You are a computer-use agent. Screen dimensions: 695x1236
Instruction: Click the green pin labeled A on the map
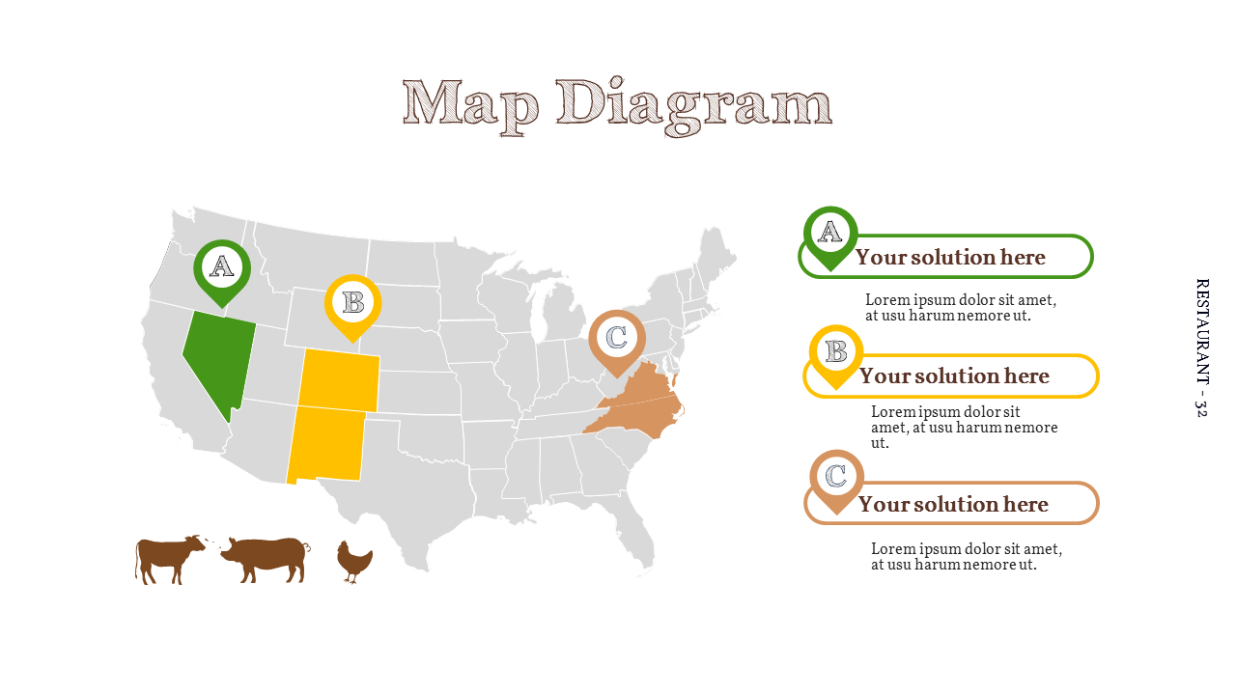coord(222,268)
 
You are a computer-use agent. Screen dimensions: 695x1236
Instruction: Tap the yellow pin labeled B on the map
coord(352,303)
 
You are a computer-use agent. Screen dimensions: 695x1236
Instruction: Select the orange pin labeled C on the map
coord(617,339)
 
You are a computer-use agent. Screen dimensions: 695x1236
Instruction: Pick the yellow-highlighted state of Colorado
coord(338,378)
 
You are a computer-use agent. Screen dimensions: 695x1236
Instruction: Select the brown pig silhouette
coord(264,559)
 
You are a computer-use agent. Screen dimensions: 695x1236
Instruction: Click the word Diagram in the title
coord(694,104)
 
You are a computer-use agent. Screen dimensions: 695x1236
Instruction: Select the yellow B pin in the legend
coord(836,352)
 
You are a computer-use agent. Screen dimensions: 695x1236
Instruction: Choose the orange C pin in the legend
coord(837,477)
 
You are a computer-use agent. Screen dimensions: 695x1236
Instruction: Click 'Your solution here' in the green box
coord(950,258)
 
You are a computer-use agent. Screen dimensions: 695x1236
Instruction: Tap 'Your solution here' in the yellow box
coord(954,376)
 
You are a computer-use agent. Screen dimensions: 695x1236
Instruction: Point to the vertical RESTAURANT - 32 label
coord(1201,347)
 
